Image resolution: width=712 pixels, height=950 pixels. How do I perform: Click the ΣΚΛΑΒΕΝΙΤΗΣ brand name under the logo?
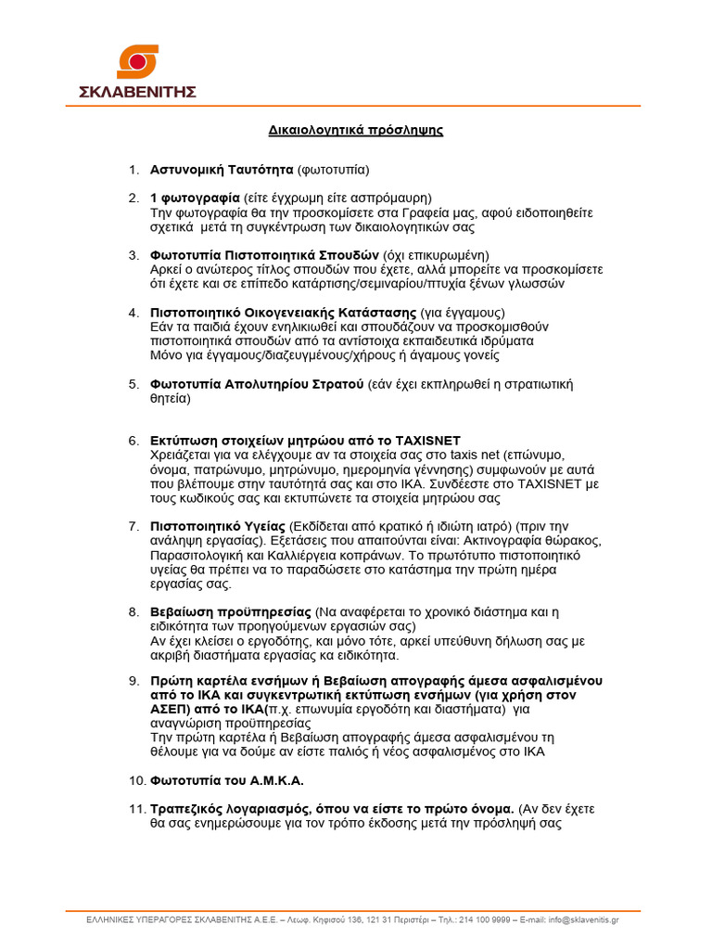[137, 91]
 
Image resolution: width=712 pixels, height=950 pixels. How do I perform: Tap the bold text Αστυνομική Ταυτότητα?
[222, 170]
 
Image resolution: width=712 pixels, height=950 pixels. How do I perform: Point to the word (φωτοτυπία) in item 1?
[333, 170]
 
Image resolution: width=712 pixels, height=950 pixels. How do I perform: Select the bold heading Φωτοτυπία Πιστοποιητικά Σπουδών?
[264, 255]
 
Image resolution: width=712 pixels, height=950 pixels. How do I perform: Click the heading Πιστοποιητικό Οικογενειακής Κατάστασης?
[284, 312]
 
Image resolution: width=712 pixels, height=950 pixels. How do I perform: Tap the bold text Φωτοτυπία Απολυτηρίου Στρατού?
[257, 383]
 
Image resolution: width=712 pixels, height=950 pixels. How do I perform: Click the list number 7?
[133, 526]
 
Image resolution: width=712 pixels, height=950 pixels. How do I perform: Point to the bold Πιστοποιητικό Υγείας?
[218, 526]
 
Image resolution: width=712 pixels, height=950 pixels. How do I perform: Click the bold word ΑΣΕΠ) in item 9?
[172, 709]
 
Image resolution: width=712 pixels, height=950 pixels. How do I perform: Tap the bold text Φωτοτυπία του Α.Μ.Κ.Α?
[227, 780]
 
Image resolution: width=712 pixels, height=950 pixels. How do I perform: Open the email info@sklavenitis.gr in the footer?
[583, 919]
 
